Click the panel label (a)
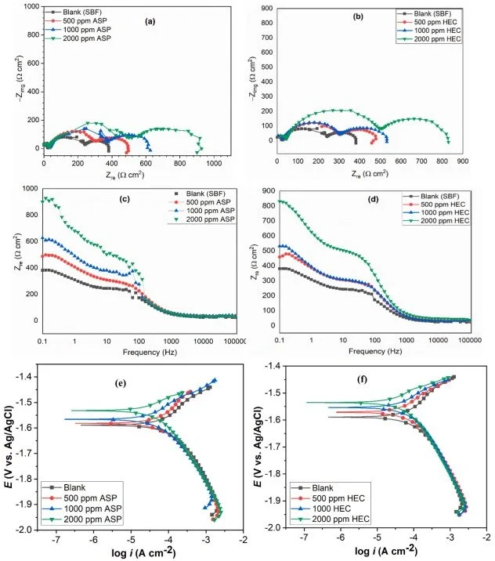pyautogui.click(x=149, y=21)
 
